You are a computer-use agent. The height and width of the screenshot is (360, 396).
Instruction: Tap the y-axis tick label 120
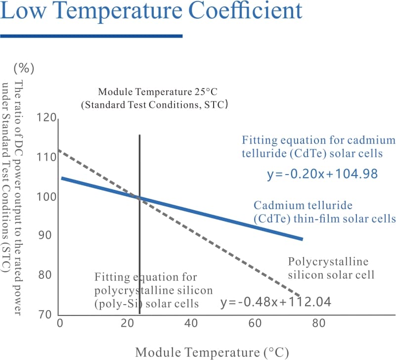pos(47,118)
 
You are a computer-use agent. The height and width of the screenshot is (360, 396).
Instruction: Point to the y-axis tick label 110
pos(47,158)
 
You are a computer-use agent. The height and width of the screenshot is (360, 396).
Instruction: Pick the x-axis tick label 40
pos(191,324)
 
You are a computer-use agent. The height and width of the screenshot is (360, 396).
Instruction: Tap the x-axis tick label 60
pos(256,324)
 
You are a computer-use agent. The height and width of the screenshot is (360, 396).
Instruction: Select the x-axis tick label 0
pos(60,324)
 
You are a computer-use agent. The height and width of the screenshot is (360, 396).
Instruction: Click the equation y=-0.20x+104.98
pos(322,174)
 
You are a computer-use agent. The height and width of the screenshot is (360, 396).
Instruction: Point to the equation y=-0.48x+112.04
pos(275,302)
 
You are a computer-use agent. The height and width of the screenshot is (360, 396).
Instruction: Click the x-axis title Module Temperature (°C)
pos(212,352)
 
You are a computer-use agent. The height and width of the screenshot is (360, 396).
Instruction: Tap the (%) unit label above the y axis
pos(24,67)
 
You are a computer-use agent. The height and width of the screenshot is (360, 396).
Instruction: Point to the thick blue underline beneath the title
pos(91,36)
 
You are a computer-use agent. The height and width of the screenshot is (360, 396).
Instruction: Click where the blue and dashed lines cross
pos(139,198)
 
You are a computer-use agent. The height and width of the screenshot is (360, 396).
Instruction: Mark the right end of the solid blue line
pos(302,239)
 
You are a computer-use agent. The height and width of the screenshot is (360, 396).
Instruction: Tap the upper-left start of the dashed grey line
pos(59,150)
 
